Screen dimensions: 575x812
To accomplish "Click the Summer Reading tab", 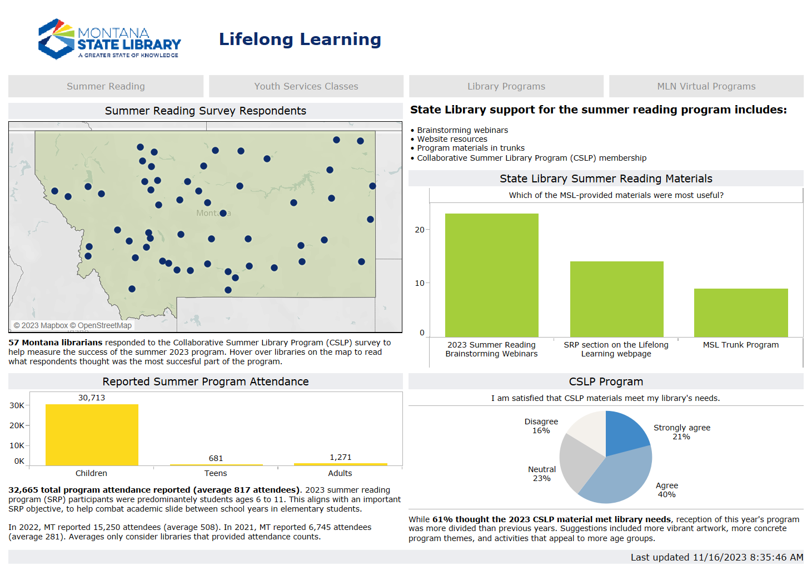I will coord(106,86).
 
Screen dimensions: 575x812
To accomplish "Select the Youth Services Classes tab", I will coord(306,86).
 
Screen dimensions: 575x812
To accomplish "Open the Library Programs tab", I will coord(506,86).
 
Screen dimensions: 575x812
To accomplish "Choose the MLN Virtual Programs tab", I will coord(706,86).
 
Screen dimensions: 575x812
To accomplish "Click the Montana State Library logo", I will coord(109,39).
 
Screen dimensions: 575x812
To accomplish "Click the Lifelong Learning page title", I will coord(300,39).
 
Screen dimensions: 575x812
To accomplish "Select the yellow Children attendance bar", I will coord(92,435).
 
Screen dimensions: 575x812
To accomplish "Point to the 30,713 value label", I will coord(92,398).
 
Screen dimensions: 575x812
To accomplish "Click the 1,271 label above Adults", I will coord(340,457).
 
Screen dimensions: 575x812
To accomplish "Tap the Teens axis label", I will coord(216,473).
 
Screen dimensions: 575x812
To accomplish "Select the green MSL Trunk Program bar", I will coord(741,313).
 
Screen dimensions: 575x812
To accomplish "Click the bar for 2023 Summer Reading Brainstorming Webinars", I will coord(491,275).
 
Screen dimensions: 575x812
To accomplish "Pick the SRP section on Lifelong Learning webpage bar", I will coord(616,299).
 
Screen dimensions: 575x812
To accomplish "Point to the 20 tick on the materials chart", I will coord(420,230).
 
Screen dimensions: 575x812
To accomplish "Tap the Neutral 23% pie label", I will coord(541,474).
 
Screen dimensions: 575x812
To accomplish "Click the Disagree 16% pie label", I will coord(541,426).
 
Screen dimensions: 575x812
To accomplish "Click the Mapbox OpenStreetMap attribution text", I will coord(73,325).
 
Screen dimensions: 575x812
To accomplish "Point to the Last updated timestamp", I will coord(716,557).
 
